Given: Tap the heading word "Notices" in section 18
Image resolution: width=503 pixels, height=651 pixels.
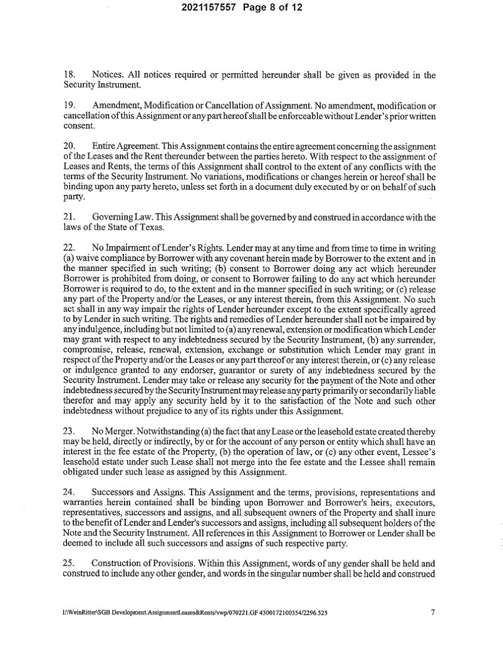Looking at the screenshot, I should click(107, 75).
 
